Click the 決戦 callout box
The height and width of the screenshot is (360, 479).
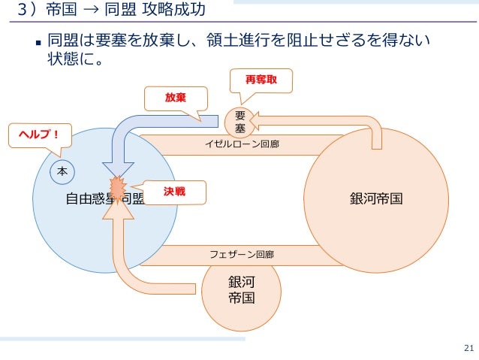pos(174,192)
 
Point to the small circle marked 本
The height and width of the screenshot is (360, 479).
pos(62,171)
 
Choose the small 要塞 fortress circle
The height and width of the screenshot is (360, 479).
pos(239,122)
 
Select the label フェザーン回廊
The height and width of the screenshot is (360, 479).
pos(242,255)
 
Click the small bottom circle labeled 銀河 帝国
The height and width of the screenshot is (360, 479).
pos(241,289)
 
